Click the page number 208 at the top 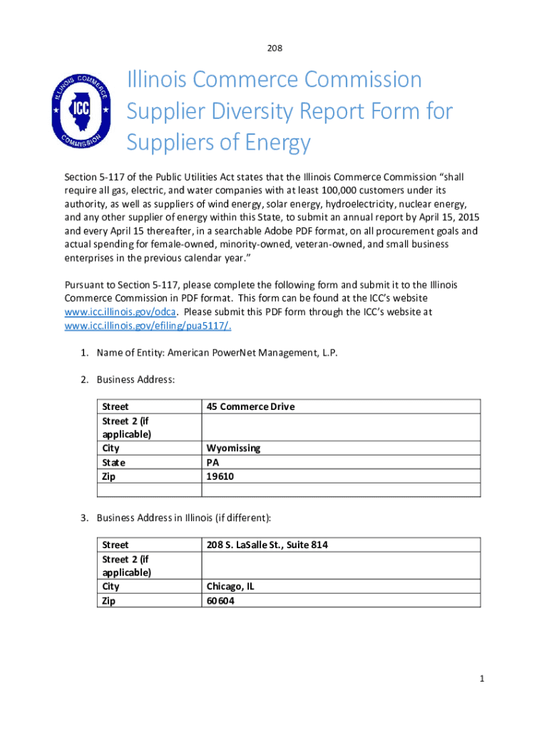[274, 48]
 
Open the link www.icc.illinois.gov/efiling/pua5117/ [148, 326]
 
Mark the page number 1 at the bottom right [482, 679]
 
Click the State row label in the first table [113, 462]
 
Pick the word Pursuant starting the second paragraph [84, 285]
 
